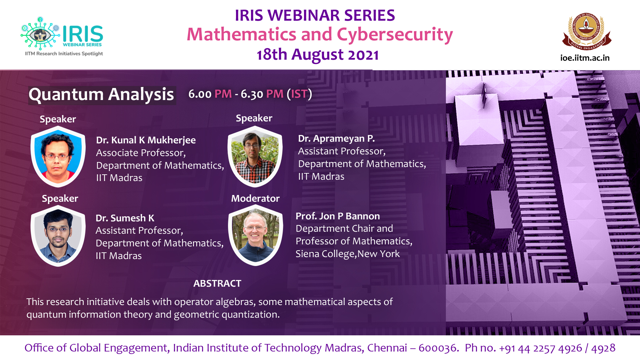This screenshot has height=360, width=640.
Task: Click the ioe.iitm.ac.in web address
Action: (x=585, y=58)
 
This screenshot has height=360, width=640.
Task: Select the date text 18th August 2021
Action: (x=318, y=55)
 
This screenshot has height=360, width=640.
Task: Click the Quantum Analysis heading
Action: (x=101, y=95)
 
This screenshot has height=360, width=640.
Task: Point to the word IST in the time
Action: (x=299, y=94)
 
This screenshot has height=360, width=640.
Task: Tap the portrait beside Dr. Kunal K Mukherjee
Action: (x=58, y=157)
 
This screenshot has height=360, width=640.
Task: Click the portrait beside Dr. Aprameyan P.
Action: (x=255, y=156)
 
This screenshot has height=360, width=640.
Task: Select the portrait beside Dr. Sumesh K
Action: (x=58, y=236)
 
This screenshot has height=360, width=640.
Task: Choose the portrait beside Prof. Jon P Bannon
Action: (x=255, y=235)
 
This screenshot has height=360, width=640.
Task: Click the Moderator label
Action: (x=255, y=199)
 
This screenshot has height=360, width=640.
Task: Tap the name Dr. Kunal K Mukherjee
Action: (x=146, y=140)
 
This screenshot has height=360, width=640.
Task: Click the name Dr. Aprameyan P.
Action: (x=336, y=139)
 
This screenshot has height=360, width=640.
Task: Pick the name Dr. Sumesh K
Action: (x=125, y=218)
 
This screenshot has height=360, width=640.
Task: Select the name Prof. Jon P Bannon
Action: (x=338, y=216)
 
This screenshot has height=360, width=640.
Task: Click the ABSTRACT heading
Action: (x=217, y=284)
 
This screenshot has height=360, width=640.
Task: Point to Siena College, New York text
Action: (x=347, y=254)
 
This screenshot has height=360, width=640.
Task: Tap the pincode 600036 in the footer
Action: (x=437, y=348)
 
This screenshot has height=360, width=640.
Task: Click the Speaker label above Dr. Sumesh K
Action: (x=60, y=199)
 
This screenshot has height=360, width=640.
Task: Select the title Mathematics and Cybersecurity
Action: (x=320, y=35)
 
